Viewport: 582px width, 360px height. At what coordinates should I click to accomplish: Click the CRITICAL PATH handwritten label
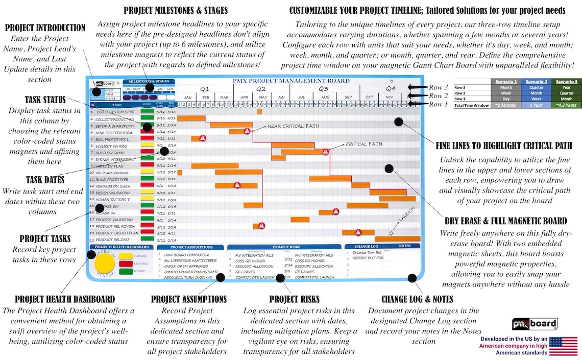364,145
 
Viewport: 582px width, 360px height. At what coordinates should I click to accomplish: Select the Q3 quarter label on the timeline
323,88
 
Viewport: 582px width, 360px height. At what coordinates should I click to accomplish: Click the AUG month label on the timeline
325,97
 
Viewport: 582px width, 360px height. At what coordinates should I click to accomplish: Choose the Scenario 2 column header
536,82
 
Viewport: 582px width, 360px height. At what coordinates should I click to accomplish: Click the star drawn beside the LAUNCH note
391,233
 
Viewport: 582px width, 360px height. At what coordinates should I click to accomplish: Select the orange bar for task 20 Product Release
397,238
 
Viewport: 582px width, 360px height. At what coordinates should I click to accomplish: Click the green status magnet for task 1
147,112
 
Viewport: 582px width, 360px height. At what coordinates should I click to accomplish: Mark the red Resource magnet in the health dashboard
125,264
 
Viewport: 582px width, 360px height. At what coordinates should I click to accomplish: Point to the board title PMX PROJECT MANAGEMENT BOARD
291,81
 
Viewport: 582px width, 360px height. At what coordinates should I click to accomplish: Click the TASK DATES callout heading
45,180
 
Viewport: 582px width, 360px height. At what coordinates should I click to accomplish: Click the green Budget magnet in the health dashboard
125,272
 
